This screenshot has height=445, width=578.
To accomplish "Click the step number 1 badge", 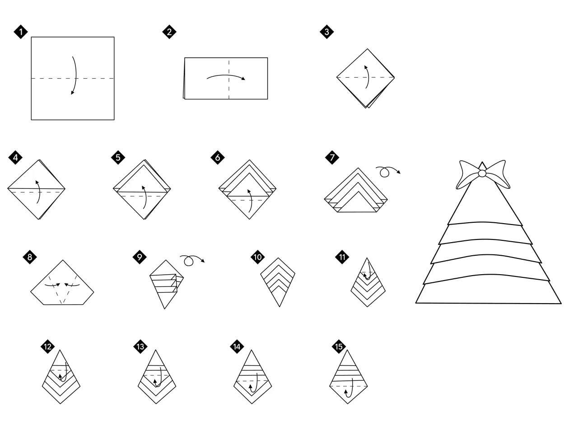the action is pos(21,32).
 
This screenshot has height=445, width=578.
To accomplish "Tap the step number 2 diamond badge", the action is pos(169,32).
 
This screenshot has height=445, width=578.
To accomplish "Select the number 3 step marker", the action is pos(326,32).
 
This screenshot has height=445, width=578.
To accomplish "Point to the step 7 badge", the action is pos(332,158).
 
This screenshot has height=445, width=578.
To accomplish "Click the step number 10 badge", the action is pos(257,257).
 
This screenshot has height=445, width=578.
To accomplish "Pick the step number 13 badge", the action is pos(140,347).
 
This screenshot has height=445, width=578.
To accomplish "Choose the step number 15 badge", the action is pos(339,347).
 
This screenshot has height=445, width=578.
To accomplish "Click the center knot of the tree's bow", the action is pos(482,173).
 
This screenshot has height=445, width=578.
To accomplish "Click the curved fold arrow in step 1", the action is pos(76,75).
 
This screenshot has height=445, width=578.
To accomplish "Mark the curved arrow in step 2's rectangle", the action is pos(226,75).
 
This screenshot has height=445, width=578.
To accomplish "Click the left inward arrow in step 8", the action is pos(52,286).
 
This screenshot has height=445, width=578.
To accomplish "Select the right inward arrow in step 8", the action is pos(72,285).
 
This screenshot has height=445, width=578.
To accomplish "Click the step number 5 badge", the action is pos(118,158).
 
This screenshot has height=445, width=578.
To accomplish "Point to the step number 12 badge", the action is pos(47,347).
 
